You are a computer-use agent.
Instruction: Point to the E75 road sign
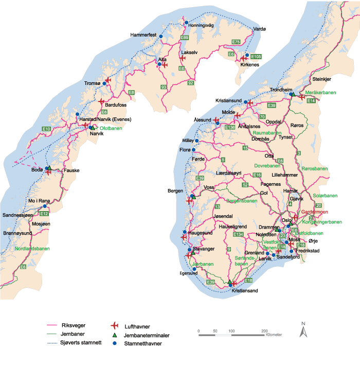pyautogui.click(x=236, y=42)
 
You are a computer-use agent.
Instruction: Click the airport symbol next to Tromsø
pyautogui.click(x=107, y=80)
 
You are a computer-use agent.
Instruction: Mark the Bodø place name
pyautogui.click(x=37, y=169)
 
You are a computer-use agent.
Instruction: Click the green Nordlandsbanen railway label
pyautogui.click(x=32, y=249)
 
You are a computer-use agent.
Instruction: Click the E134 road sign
pyautogui.click(x=238, y=234)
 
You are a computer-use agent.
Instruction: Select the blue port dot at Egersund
pyautogui.click(x=194, y=269)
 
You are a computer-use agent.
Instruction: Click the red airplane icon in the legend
pyautogui.click(x=115, y=326)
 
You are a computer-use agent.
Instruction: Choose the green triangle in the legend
pyautogui.click(x=115, y=335)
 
